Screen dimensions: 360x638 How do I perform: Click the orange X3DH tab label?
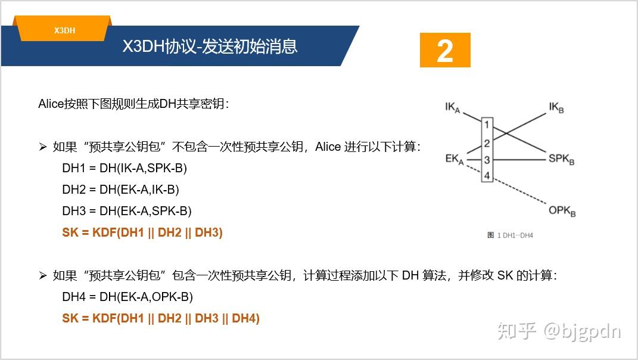pyautogui.click(x=64, y=30)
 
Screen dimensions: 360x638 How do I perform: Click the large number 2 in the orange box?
pyautogui.click(x=445, y=51)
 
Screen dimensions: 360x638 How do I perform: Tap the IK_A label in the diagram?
pyautogui.click(x=453, y=108)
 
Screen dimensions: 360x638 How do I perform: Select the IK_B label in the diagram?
pyautogui.click(x=556, y=108)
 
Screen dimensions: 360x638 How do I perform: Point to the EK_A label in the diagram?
pyautogui.click(x=454, y=159)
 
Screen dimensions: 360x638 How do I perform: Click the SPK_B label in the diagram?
pyautogui.click(x=561, y=159)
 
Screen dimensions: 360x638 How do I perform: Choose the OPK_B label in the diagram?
pyautogui.click(x=562, y=210)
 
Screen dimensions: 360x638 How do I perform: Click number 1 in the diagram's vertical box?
pyautogui.click(x=487, y=125)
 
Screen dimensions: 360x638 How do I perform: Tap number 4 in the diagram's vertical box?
pyautogui.click(x=487, y=176)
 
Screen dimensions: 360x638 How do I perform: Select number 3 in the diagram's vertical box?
pyautogui.click(x=487, y=160)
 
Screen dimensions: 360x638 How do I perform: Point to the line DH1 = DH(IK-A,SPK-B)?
pyautogui.click(x=125, y=168)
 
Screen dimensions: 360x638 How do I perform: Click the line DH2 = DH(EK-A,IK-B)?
pyautogui.click(x=120, y=190)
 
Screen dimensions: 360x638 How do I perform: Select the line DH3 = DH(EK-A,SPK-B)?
pyautogui.click(x=126, y=211)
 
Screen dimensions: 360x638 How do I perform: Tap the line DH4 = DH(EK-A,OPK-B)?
pyautogui.click(x=127, y=297)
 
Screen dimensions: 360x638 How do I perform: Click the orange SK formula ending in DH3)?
pyautogui.click(x=142, y=232)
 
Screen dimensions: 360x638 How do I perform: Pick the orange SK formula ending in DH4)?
pyautogui.click(x=160, y=318)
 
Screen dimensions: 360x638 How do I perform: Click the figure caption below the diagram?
pyautogui.click(x=510, y=235)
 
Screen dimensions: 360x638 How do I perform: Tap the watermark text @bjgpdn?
pyautogui.click(x=581, y=331)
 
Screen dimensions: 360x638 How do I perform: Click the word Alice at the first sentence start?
pyautogui.click(x=50, y=104)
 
